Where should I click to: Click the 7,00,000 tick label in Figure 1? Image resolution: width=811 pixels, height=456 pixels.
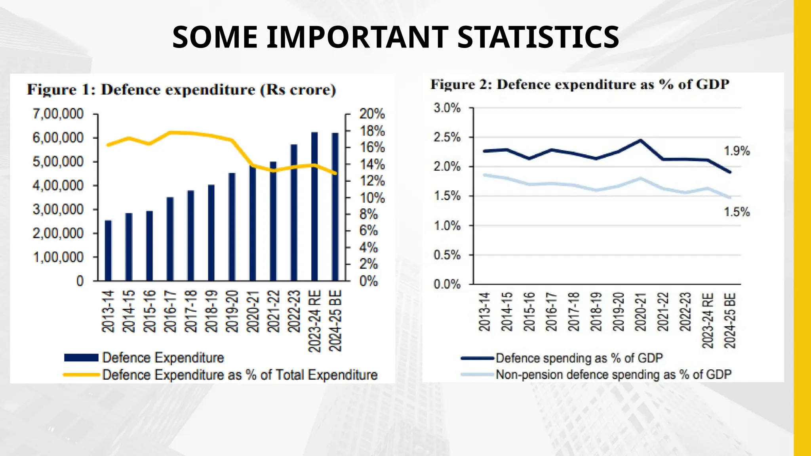[58, 114]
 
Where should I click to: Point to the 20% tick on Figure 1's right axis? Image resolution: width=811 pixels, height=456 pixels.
[372, 114]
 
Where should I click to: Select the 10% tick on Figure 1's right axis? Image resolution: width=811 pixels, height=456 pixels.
[372, 198]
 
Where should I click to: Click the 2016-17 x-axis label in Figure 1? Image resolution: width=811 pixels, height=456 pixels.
[170, 311]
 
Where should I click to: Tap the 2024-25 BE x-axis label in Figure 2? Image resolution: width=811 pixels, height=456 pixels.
[730, 320]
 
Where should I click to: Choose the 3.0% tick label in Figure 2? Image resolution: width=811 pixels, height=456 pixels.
[447, 108]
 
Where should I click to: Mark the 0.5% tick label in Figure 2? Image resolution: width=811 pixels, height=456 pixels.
[447, 255]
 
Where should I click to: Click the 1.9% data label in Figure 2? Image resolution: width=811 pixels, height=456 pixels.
[737, 151]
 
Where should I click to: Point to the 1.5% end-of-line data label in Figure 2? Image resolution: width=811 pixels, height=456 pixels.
[737, 212]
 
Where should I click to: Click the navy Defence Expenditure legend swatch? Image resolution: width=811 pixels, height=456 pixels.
[81, 358]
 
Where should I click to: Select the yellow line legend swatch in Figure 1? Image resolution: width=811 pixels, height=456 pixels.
[81, 374]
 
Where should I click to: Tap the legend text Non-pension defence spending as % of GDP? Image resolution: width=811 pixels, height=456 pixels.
[613, 374]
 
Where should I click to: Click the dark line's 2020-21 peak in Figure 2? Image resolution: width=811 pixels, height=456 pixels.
[640, 140]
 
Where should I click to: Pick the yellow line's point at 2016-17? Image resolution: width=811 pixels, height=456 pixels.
[170, 132]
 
